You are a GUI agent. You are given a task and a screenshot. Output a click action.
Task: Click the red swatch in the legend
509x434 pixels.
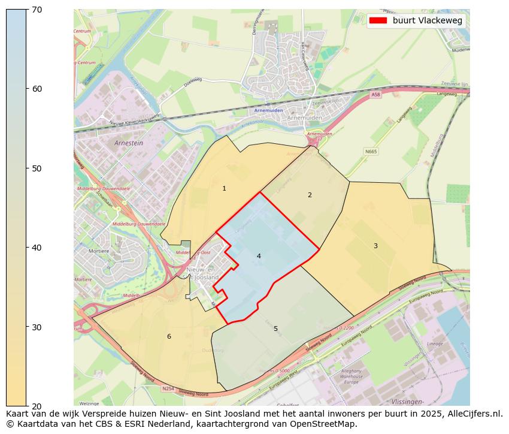tap(378, 20)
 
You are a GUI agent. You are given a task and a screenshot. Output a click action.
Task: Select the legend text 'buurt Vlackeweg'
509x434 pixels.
tap(427, 20)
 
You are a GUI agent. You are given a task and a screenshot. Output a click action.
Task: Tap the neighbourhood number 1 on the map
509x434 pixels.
tap(225, 188)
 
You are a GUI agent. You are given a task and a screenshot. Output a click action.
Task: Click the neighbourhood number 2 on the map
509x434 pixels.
tap(310, 195)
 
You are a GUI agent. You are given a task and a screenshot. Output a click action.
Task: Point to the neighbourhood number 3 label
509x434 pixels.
tap(375, 246)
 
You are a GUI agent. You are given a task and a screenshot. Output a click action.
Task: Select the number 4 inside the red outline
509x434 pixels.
tap(259, 256)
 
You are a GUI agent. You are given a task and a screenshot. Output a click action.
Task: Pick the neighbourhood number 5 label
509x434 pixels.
tap(275, 328)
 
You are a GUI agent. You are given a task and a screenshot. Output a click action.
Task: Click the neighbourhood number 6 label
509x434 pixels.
tap(169, 336)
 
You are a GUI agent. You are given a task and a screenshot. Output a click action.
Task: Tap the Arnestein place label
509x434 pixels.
tap(128, 143)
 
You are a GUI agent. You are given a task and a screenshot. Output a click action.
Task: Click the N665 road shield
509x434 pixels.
tap(371, 151)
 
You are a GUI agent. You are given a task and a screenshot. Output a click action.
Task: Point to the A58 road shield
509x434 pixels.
tap(375, 95)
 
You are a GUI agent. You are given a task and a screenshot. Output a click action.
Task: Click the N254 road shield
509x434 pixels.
tap(168, 388)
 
